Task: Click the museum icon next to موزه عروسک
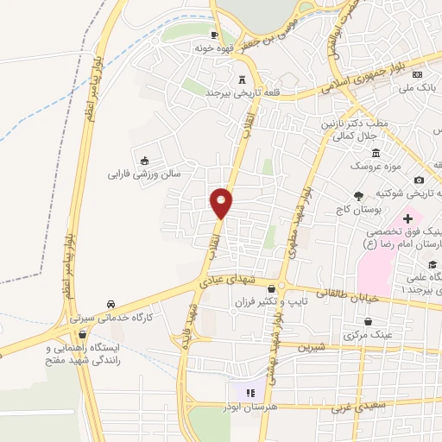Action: click(x=354, y=165)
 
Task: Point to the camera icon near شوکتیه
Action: click(x=419, y=180)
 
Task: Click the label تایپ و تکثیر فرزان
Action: click(x=264, y=304)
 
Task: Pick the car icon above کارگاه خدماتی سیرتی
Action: click(x=111, y=304)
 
